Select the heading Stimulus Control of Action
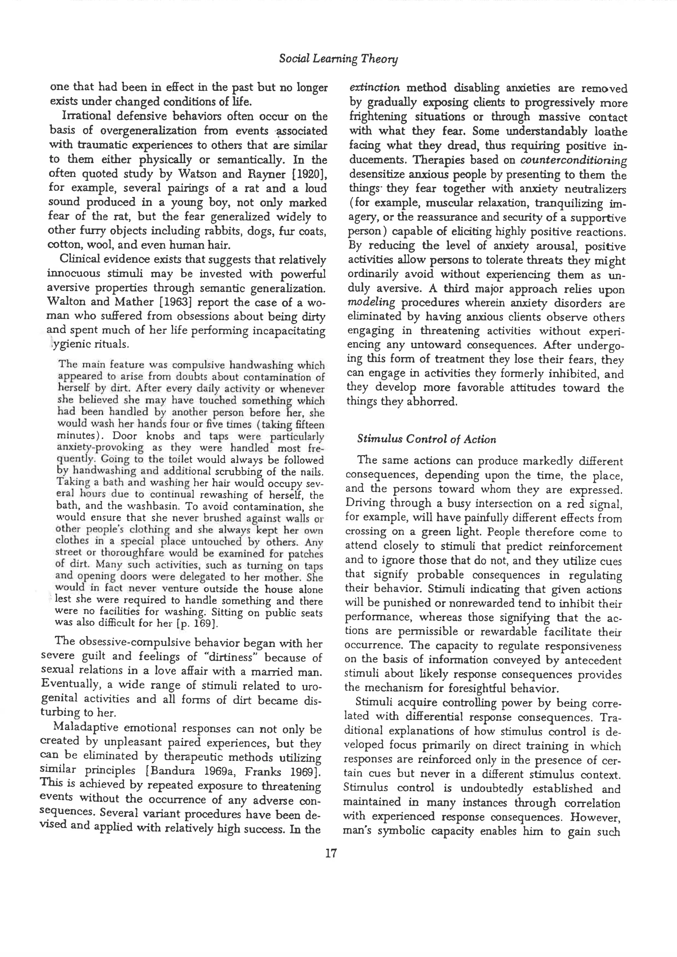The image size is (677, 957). [x=426, y=439]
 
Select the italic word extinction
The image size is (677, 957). [x=374, y=88]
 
